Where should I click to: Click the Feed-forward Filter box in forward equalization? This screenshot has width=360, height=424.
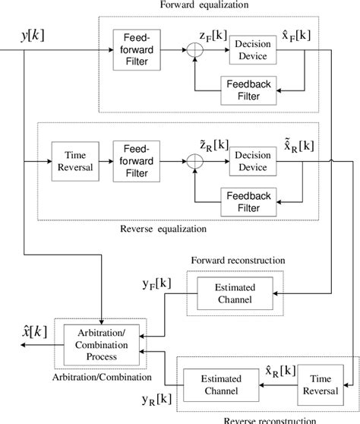tap(133, 49)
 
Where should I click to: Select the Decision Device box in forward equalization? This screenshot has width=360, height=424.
tap(252, 49)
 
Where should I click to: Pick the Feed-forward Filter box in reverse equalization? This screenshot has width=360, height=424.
tap(133, 162)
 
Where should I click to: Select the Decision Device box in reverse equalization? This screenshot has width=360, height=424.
tap(252, 162)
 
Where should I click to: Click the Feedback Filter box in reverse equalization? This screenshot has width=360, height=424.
tap(248, 201)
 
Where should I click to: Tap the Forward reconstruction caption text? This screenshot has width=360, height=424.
tap(238, 259)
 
